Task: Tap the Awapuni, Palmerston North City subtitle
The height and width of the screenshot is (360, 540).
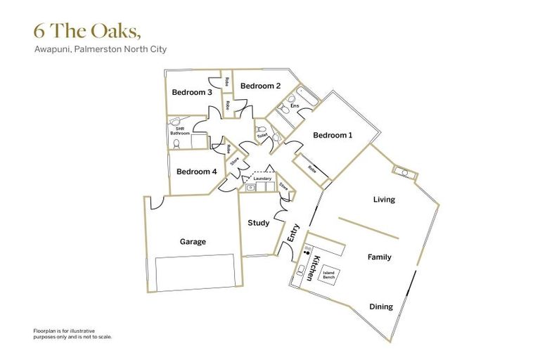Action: tap(100, 50)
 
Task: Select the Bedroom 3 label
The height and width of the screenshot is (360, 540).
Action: tap(192, 93)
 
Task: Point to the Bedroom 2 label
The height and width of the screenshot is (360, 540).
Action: tap(260, 86)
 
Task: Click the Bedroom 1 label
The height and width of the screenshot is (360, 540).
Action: tap(333, 135)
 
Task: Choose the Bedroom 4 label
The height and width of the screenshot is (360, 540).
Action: tap(196, 172)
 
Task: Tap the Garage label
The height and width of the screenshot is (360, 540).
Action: tap(193, 242)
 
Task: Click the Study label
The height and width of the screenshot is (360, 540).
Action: tap(259, 223)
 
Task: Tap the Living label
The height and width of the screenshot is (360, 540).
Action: tap(384, 199)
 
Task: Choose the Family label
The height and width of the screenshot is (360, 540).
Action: tap(379, 257)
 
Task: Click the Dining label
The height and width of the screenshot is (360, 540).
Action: tap(381, 307)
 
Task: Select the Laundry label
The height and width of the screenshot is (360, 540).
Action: tap(262, 179)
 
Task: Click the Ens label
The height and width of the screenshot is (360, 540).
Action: tap(304, 106)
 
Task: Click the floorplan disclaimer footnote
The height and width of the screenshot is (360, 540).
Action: tap(72, 333)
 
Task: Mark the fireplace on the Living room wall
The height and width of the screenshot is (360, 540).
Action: tap(406, 172)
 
